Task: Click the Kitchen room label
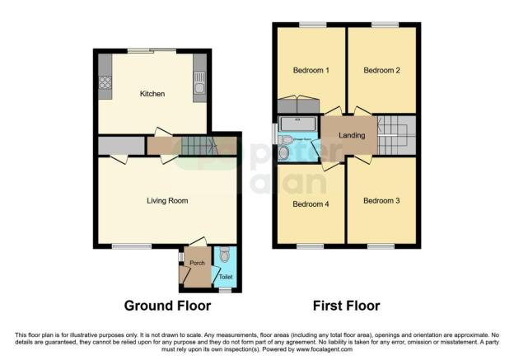coord(152,94)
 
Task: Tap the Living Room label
coord(168,200)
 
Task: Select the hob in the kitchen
coord(105,82)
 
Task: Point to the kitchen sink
coord(199,82)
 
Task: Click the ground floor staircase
coord(197,147)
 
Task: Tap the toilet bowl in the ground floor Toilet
coord(225,257)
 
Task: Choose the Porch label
coord(197,264)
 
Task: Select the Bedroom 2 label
coord(382,71)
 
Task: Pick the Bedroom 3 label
coord(381,200)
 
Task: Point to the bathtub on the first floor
coord(297,124)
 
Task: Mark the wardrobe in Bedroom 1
coord(298,105)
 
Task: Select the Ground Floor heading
coord(167,306)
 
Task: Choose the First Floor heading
coord(346,306)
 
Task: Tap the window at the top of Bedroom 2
coord(382,24)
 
